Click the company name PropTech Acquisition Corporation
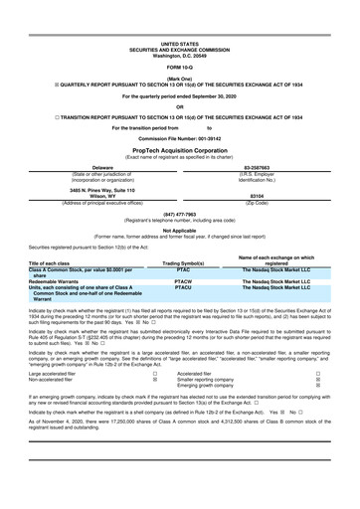(x=180, y=146)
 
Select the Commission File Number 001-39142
(x=180, y=136)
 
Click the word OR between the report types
(x=180, y=106)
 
